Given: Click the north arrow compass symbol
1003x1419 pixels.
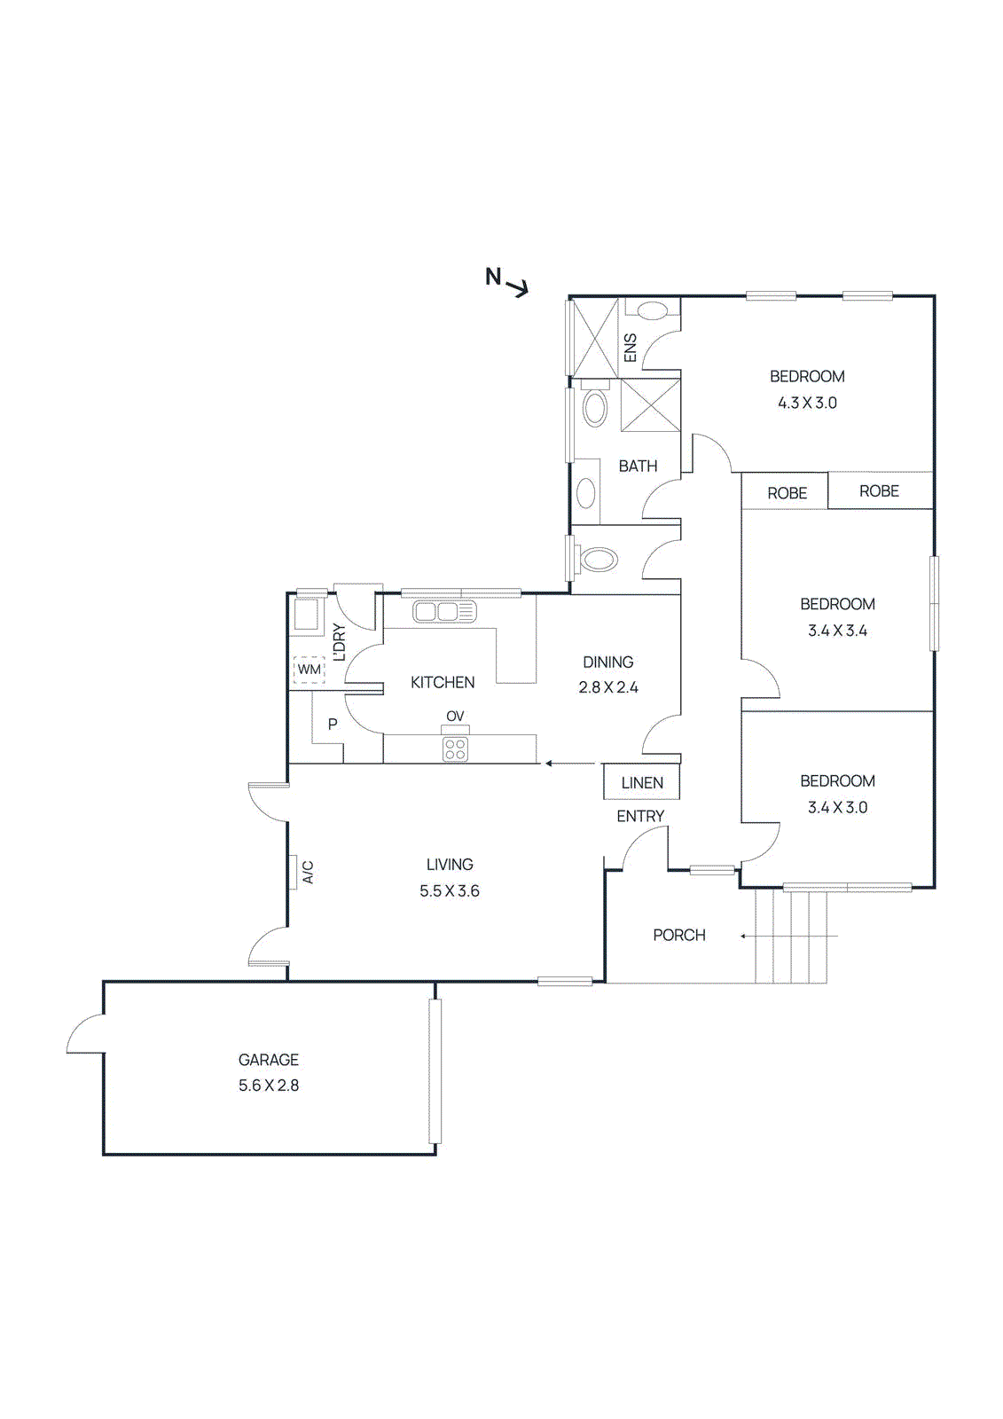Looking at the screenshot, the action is point(507,282).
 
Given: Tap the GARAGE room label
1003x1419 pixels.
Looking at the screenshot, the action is point(269,1059).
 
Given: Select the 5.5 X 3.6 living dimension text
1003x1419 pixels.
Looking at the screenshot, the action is point(450,890).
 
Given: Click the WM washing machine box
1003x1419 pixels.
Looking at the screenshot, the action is point(310,670).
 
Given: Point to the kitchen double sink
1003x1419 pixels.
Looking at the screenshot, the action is point(443,612).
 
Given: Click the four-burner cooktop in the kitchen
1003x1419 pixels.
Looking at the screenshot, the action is point(455,749).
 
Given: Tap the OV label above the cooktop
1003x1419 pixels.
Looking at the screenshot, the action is point(455,717).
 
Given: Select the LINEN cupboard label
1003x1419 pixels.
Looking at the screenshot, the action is point(642,783).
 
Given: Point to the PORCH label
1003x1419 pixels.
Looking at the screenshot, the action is point(679,935).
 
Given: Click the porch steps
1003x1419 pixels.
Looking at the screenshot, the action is point(791,935).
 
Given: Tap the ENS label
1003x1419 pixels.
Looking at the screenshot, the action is point(631,348).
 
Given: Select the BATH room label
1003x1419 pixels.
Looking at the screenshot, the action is point(638,466).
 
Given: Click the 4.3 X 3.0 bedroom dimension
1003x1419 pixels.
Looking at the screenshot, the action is point(807,403).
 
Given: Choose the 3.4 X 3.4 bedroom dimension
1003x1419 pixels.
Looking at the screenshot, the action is point(838,631).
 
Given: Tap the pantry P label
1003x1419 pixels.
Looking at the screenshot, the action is point(333,724).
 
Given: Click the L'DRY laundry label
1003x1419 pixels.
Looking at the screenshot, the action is point(339,642).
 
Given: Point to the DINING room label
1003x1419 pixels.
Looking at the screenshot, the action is point(608,662).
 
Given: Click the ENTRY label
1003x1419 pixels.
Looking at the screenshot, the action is point(640,817).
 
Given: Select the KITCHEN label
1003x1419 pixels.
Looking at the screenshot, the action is point(443,682).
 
